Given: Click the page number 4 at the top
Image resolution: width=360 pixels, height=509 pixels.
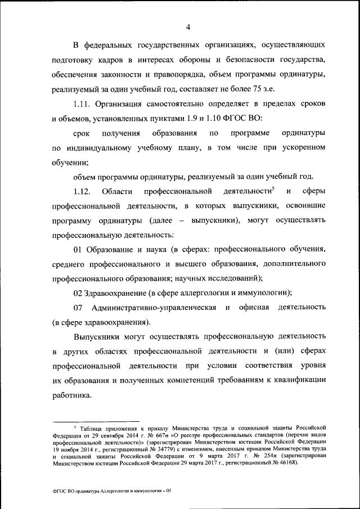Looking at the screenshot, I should (x=188, y=26).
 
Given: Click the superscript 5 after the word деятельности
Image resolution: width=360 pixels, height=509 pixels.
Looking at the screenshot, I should (x=273, y=189).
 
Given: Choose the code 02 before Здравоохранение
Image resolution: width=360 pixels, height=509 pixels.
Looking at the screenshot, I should (x=78, y=292).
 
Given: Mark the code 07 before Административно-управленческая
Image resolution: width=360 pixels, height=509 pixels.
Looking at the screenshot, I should (x=78, y=308).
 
